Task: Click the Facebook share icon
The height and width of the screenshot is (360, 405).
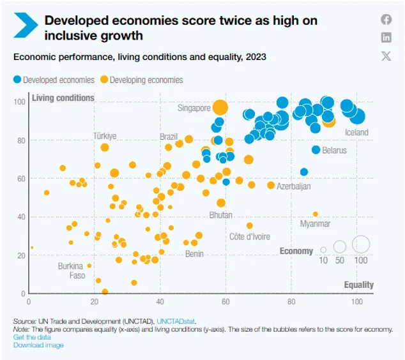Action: pos(386,19)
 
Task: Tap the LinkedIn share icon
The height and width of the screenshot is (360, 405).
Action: pos(386,37)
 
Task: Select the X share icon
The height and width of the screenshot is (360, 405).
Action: pos(386,56)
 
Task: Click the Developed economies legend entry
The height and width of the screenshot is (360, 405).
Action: pos(54,80)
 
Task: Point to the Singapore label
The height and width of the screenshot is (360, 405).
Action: pos(194,108)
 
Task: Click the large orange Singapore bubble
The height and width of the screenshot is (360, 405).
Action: pos(220,107)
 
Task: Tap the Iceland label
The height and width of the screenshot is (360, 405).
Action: pos(356,133)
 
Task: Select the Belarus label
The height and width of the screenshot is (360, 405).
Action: pos(333,151)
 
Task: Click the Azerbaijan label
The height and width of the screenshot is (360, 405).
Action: pos(293,186)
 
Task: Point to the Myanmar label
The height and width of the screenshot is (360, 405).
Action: pos(315,224)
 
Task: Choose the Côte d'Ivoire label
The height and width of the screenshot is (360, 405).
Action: pos(250,237)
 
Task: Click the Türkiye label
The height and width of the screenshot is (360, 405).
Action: pos(105,136)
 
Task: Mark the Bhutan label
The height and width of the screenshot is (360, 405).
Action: pos(220,216)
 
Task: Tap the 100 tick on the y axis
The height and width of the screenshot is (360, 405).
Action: pos(20,101)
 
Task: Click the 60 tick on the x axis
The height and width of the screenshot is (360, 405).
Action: pos(225,301)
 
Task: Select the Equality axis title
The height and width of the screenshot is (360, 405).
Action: pos(359,285)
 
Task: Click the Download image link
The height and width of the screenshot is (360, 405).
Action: pos(38,345)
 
